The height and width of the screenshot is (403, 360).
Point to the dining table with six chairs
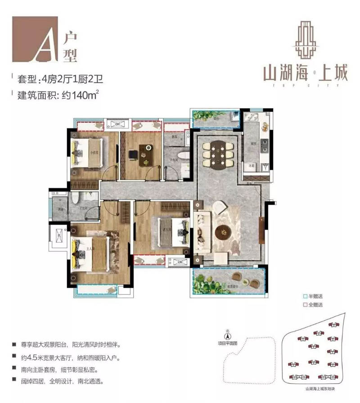point(218,153)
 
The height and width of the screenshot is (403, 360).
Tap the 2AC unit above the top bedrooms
point(118,124)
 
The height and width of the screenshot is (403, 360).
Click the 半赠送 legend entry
point(315,296)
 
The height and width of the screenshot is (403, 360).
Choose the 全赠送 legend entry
point(315,305)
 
